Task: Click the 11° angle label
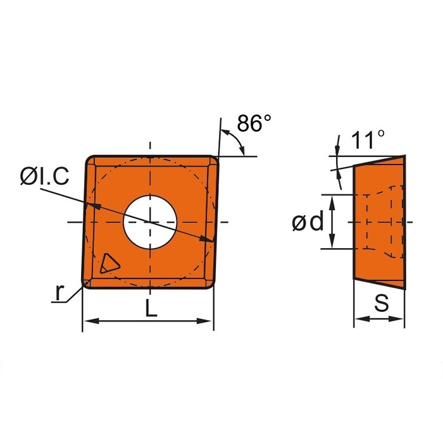(x=369, y=140)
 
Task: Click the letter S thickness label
(x=381, y=304)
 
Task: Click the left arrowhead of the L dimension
(x=88, y=321)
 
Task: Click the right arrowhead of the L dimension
(x=208, y=321)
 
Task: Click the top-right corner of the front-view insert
(x=216, y=158)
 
